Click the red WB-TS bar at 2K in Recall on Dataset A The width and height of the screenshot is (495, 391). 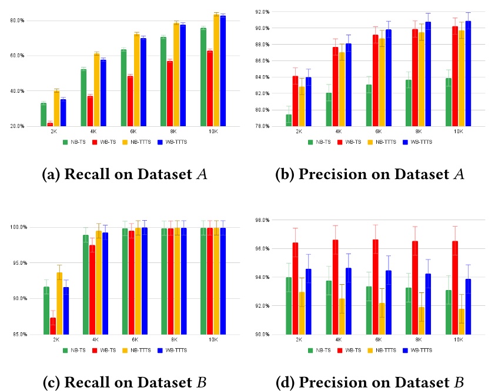50,124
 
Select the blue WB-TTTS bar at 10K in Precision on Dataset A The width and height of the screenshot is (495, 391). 468,73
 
